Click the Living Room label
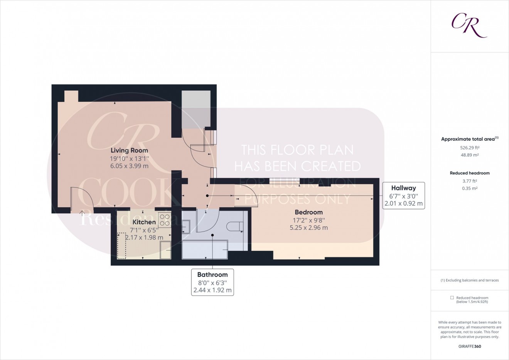pos(129,150)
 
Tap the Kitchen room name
pos(144,222)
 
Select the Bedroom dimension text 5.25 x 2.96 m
pos(308,228)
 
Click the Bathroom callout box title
pos(212,275)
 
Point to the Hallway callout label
pos(403,188)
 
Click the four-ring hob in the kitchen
pos(165,220)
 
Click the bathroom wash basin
pos(185,226)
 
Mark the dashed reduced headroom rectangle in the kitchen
pos(121,245)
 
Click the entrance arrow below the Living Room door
pos(82,213)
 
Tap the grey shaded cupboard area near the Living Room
pos(196,109)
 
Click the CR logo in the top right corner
pos(469,25)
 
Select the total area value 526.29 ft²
pos(469,147)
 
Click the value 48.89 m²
pos(469,155)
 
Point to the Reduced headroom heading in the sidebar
pos(469,173)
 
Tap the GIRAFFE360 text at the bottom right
pos(469,346)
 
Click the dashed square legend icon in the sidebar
pos(452,298)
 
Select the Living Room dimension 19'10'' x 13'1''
pos(129,159)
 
